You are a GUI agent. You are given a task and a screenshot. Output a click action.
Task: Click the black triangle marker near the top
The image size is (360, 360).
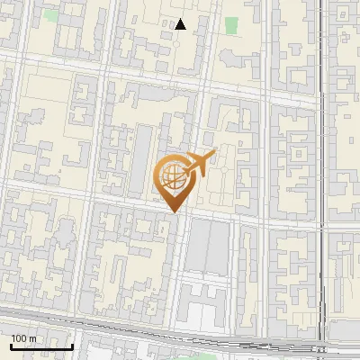tap(181, 24)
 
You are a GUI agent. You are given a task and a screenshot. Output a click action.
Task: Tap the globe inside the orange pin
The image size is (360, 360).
tap(172, 175)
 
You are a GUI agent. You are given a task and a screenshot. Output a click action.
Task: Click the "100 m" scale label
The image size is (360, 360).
tap(23, 338)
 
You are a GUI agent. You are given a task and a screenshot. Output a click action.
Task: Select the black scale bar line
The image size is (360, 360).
tap(41, 346)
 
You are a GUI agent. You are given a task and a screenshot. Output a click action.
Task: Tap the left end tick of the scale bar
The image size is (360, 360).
tap(10, 345)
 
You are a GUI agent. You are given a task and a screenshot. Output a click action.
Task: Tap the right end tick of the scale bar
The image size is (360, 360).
tap(73, 345)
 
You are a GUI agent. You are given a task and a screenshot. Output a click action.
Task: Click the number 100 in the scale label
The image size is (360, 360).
tap(19, 338)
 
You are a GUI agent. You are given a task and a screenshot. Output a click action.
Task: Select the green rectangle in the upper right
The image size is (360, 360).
tap(232, 25)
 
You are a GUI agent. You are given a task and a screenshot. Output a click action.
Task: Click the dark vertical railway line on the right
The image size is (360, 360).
tap(321, 180)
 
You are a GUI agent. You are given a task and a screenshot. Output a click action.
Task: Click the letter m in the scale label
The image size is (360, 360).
tap(32, 339)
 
